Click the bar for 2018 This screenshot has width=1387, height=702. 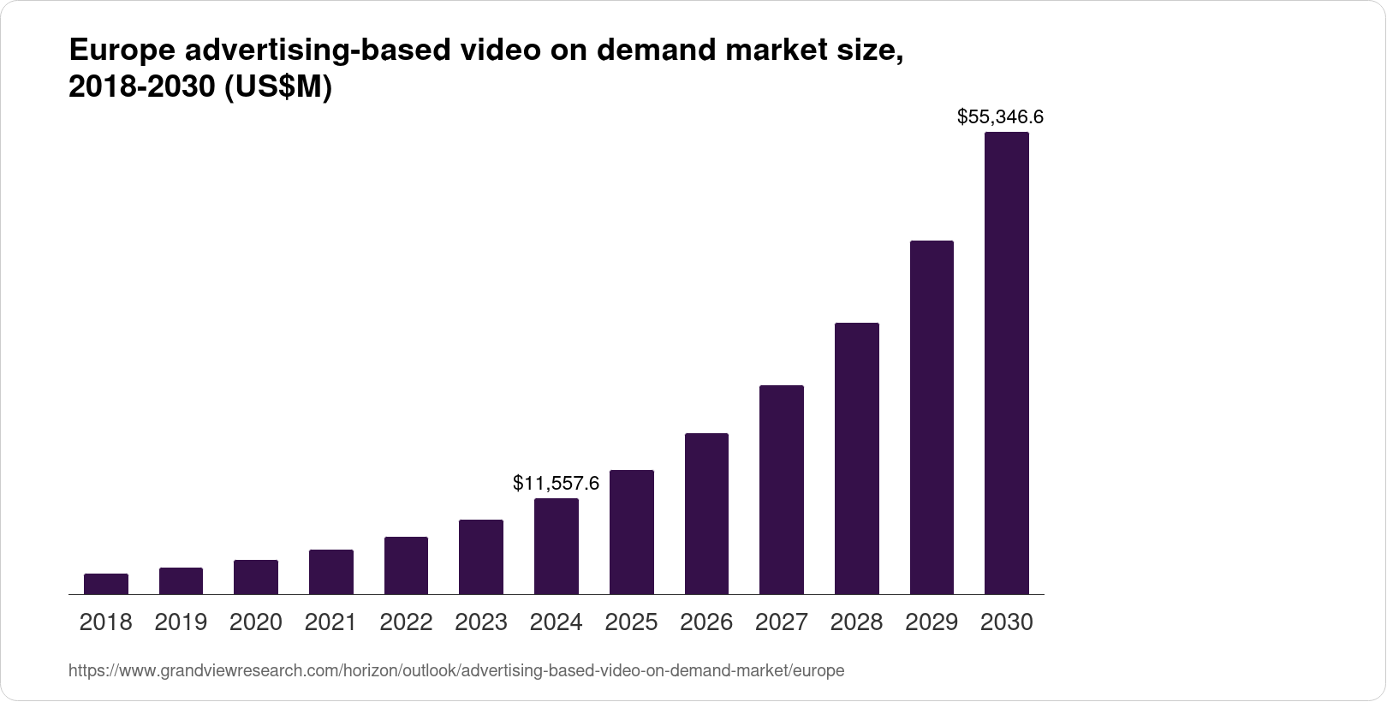point(106,584)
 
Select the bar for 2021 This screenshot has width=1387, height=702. point(331,572)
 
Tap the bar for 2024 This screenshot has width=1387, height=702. point(557,546)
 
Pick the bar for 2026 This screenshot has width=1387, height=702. point(706,514)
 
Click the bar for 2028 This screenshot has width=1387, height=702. point(856,458)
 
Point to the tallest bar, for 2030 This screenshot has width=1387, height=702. point(1007,363)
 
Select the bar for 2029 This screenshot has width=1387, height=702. point(932,417)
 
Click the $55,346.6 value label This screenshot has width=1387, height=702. point(1000,116)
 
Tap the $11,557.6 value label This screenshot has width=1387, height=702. point(556,484)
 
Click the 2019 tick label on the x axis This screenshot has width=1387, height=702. point(181,622)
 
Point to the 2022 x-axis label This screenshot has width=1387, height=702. point(406,622)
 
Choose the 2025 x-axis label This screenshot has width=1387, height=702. point(631,622)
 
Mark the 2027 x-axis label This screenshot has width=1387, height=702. point(781,622)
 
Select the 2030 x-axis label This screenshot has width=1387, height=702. point(1006,622)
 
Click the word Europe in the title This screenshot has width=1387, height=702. point(121,51)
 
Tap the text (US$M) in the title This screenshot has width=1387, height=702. point(277,88)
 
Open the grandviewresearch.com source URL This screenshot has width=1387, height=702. point(455,671)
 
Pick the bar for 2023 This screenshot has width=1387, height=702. point(481,556)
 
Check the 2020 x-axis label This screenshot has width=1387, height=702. point(256,622)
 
